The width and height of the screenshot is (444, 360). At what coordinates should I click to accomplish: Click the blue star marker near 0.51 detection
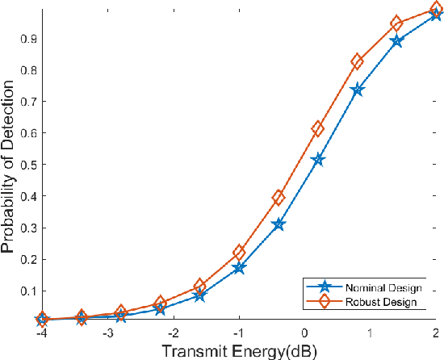coord(318,160)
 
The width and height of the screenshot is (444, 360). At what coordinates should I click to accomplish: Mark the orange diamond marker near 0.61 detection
coord(318,129)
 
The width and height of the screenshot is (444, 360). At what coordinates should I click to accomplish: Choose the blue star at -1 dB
coord(239,267)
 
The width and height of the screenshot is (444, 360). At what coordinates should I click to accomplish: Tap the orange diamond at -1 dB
coord(239,253)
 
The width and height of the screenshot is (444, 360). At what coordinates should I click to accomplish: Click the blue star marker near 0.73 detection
coord(358,90)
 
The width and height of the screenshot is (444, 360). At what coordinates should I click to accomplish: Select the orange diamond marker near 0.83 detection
coord(358,62)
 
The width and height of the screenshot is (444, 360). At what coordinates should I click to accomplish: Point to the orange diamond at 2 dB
coord(436,10)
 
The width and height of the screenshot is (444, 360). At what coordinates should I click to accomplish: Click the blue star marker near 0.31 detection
coord(279,224)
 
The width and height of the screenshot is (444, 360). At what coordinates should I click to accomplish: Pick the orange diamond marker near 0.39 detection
coord(279,197)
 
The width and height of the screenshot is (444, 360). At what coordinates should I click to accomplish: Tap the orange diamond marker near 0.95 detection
coord(396,24)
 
